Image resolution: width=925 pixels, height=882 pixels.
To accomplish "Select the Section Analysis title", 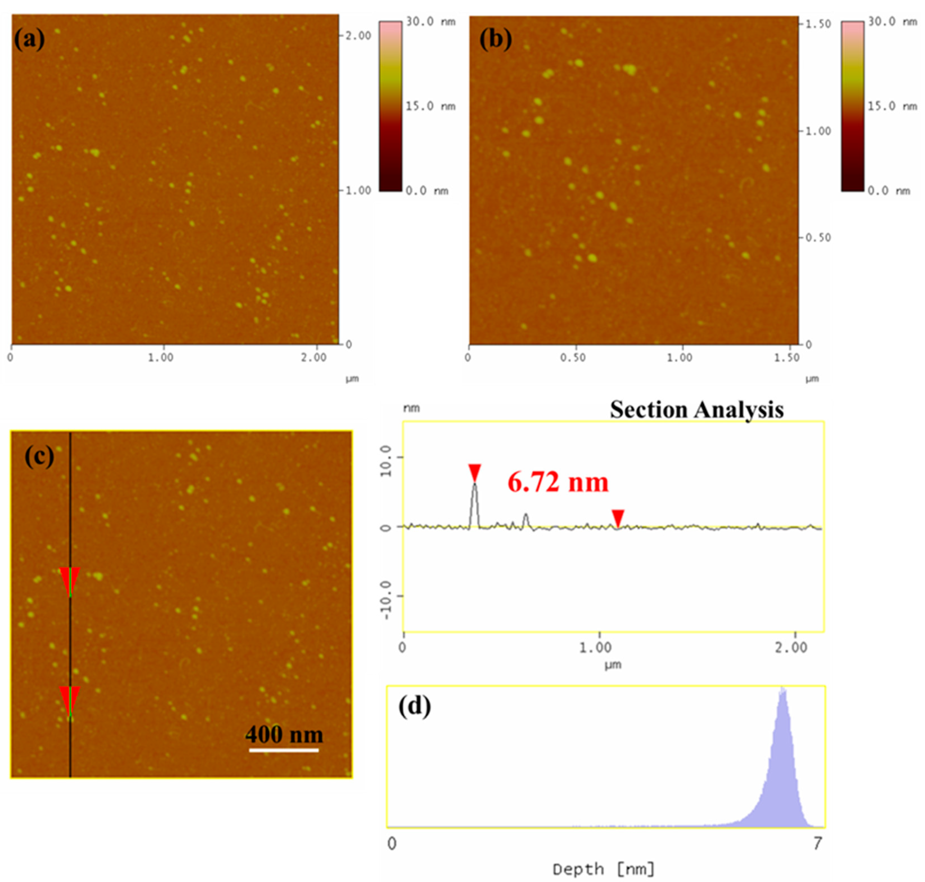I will tap(697, 409).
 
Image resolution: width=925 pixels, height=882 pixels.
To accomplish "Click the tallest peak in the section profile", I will tap(475, 485).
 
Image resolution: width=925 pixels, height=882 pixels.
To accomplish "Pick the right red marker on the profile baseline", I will tap(618, 517).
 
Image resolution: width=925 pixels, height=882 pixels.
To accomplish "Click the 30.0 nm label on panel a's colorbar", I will tap(430, 22).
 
